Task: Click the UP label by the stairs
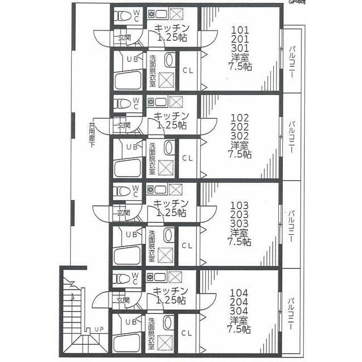pos(99,329)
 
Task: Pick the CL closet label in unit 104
pos(188,333)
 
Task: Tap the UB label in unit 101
pos(131,59)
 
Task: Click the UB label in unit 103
pos(131,234)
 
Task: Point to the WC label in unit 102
pos(136,104)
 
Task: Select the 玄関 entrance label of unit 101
pos(123,38)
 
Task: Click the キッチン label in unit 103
pos(171,204)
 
